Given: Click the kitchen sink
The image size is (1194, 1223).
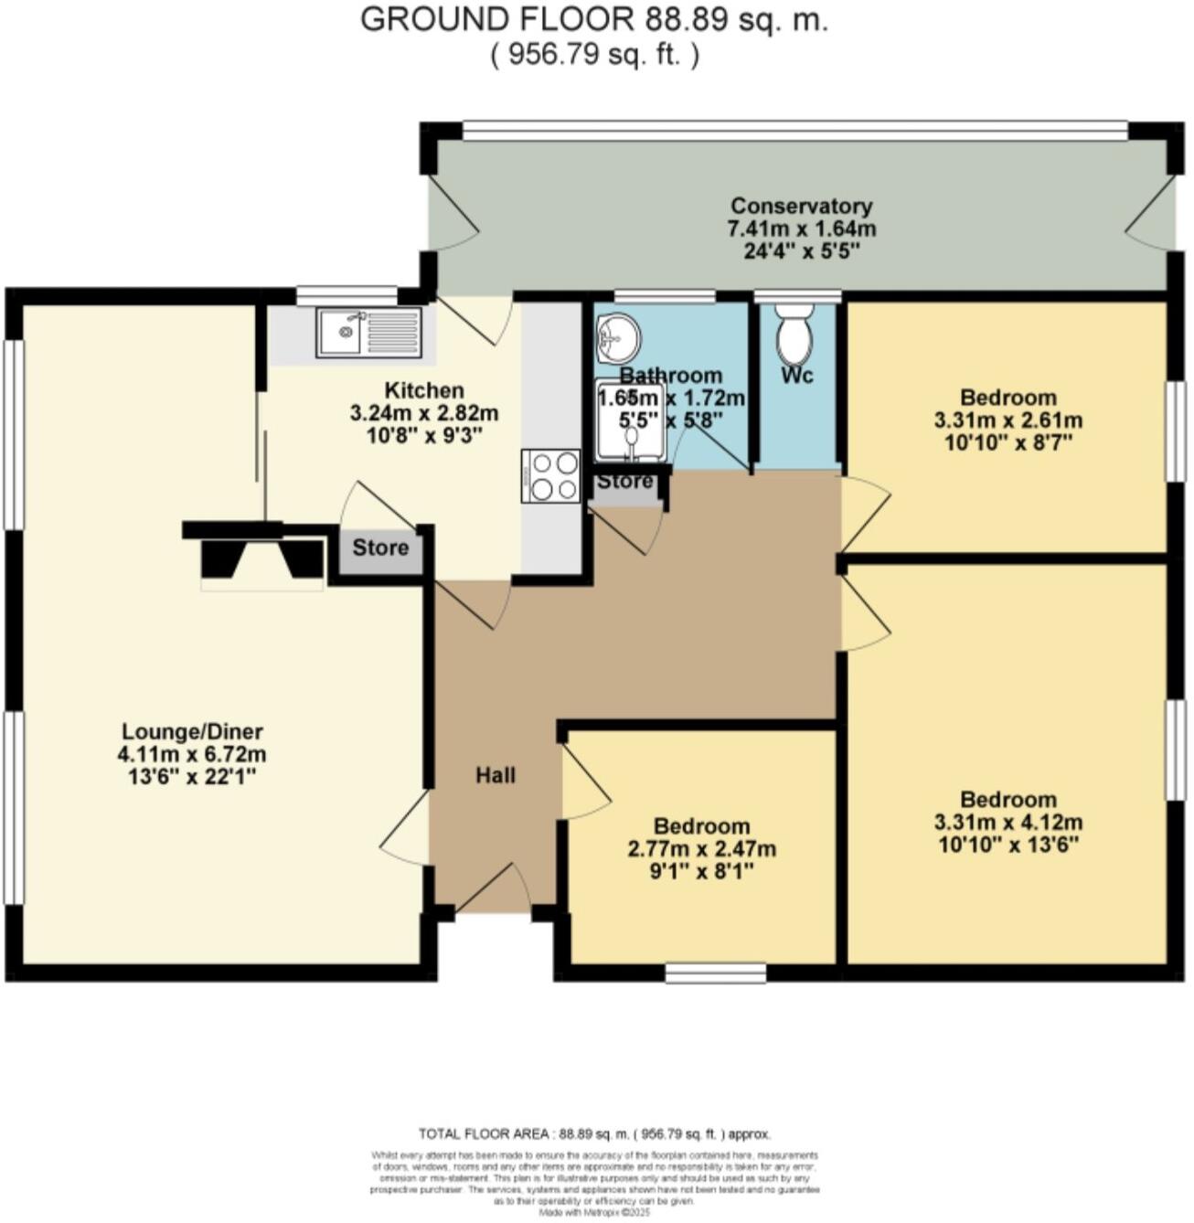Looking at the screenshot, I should (x=369, y=332).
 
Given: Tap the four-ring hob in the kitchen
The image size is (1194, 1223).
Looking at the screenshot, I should (x=550, y=475).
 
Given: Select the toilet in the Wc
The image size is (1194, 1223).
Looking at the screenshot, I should (x=794, y=335).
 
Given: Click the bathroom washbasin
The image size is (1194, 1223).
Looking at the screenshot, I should (x=619, y=334).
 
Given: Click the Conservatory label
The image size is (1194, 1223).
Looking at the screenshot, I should (x=801, y=206).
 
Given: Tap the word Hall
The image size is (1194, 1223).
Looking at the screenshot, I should (x=496, y=775).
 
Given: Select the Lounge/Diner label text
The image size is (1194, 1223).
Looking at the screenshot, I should (x=192, y=731).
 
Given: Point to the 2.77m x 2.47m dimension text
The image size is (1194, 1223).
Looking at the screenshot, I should (x=702, y=848).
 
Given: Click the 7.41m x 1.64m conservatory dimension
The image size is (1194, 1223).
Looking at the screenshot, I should (x=801, y=228).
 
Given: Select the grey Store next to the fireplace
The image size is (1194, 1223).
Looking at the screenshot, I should (x=380, y=548).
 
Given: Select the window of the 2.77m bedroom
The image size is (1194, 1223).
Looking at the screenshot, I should (x=715, y=973).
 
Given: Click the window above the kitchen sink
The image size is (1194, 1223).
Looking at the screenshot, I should (x=346, y=294).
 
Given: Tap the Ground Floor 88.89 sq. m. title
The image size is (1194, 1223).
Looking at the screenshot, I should (x=594, y=19).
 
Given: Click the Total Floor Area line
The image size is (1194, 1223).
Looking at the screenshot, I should (x=594, y=1133).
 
